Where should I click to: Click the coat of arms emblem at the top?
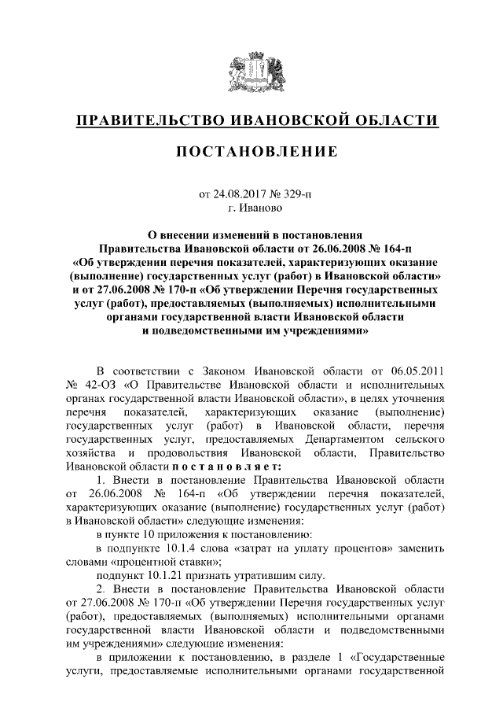(x=251, y=75)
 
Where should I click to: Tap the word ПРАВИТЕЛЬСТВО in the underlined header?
(x=151, y=120)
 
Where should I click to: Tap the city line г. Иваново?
(x=251, y=208)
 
